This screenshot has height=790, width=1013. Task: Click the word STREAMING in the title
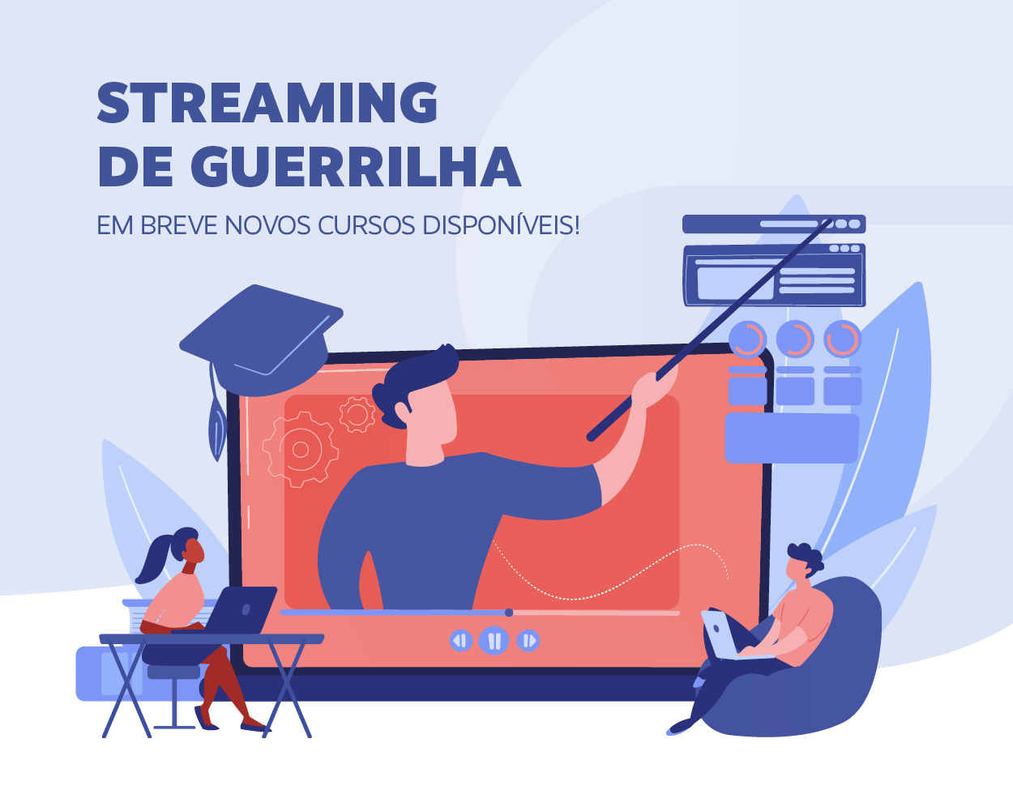267,102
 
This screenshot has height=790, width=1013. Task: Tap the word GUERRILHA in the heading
356,166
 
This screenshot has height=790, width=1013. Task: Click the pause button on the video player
494,640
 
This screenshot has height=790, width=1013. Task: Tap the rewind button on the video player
460,640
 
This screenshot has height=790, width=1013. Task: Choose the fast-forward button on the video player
528,640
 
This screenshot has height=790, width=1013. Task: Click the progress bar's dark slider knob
509,613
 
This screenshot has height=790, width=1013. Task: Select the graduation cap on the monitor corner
261,340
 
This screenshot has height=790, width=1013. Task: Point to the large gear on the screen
300,450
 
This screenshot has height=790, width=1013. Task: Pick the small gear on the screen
357,414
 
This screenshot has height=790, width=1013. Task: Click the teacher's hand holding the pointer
655,386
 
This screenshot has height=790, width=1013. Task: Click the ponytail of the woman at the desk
156,557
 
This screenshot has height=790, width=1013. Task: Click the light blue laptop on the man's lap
732,635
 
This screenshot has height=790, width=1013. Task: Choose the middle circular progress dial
795,339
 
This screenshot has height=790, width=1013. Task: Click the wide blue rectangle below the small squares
792,438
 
